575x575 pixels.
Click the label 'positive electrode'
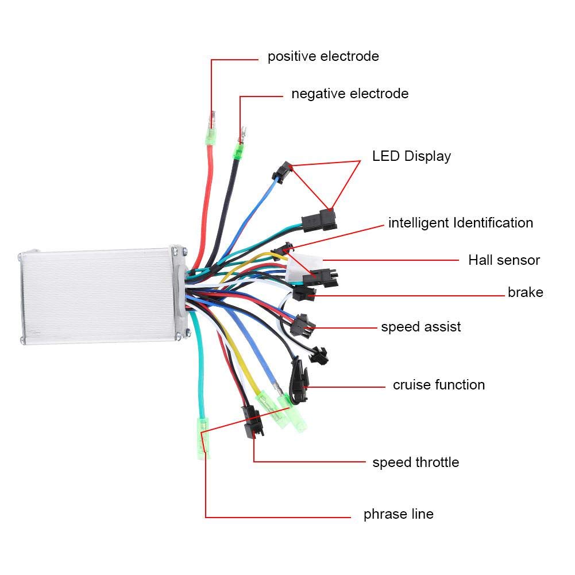323,56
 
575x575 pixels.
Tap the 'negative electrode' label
350,94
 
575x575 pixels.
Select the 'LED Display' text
411,156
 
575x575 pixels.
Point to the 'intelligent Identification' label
461,223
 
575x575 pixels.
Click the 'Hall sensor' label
504,260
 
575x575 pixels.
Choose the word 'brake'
526,292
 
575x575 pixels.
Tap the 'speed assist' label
421,327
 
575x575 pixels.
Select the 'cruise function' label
439,385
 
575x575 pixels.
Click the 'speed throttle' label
416,462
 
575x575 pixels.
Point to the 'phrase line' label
399,514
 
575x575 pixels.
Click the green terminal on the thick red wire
210,136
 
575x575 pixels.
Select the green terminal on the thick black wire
238,151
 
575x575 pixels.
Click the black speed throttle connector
253,422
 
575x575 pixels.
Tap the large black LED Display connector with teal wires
319,221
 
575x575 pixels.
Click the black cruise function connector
299,381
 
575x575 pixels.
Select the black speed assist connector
302,325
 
